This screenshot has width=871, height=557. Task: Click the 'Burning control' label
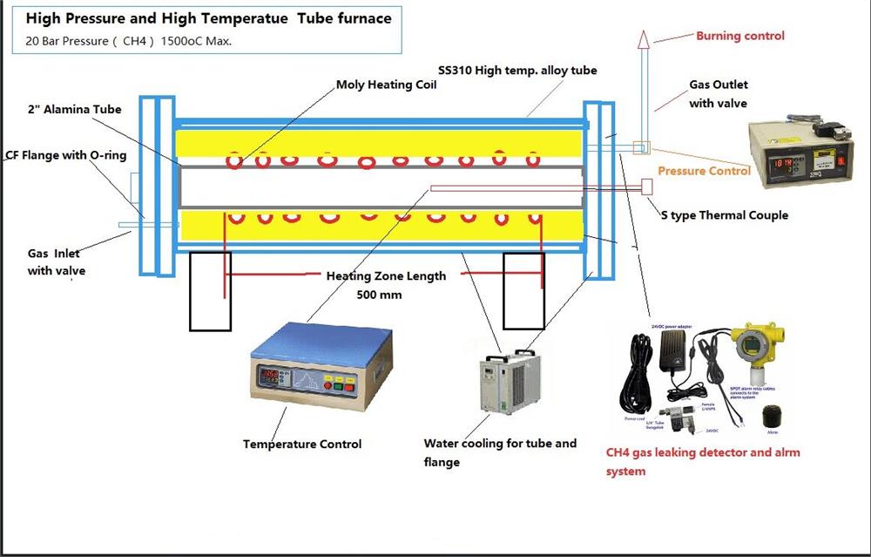tap(739, 36)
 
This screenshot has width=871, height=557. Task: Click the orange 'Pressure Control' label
tap(704, 171)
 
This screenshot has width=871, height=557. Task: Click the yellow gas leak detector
tap(754, 353)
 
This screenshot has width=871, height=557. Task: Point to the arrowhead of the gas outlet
tap(644, 37)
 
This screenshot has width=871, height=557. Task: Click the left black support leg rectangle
tap(210, 291)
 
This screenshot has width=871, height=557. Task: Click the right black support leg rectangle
tap(523, 291)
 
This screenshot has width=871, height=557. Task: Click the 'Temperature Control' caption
tap(301, 445)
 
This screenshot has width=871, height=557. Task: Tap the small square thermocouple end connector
tap(647, 186)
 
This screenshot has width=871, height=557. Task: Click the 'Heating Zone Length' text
tap(386, 276)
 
